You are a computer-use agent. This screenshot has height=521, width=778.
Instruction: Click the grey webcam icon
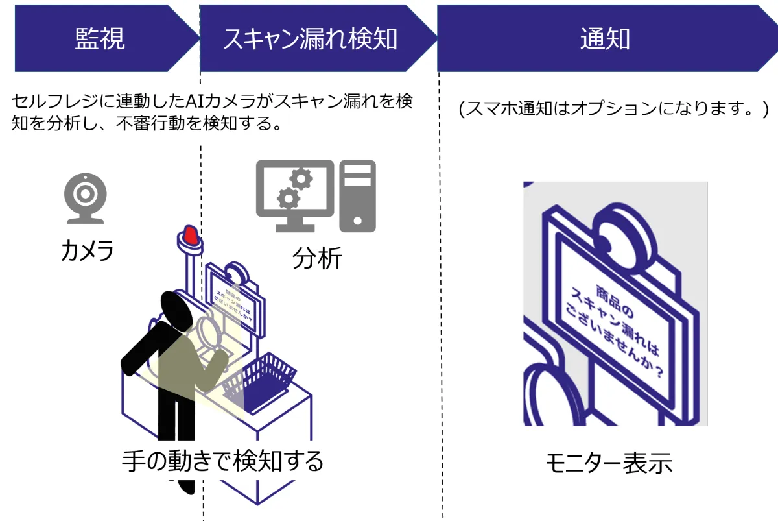point(85,199)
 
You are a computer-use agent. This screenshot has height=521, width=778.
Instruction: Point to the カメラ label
point(87,250)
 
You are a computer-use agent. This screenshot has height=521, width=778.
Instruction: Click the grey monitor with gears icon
point(294,195)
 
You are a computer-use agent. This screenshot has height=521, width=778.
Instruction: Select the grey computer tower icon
point(358,195)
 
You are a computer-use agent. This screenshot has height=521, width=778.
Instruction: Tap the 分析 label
point(317,258)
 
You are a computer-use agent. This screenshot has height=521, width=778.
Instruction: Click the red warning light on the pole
point(190,236)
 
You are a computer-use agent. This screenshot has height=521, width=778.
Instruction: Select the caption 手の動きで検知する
point(222,461)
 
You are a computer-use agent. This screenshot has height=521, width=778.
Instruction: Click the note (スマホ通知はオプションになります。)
point(613,109)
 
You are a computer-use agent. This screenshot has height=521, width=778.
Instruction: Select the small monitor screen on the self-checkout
point(235,304)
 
